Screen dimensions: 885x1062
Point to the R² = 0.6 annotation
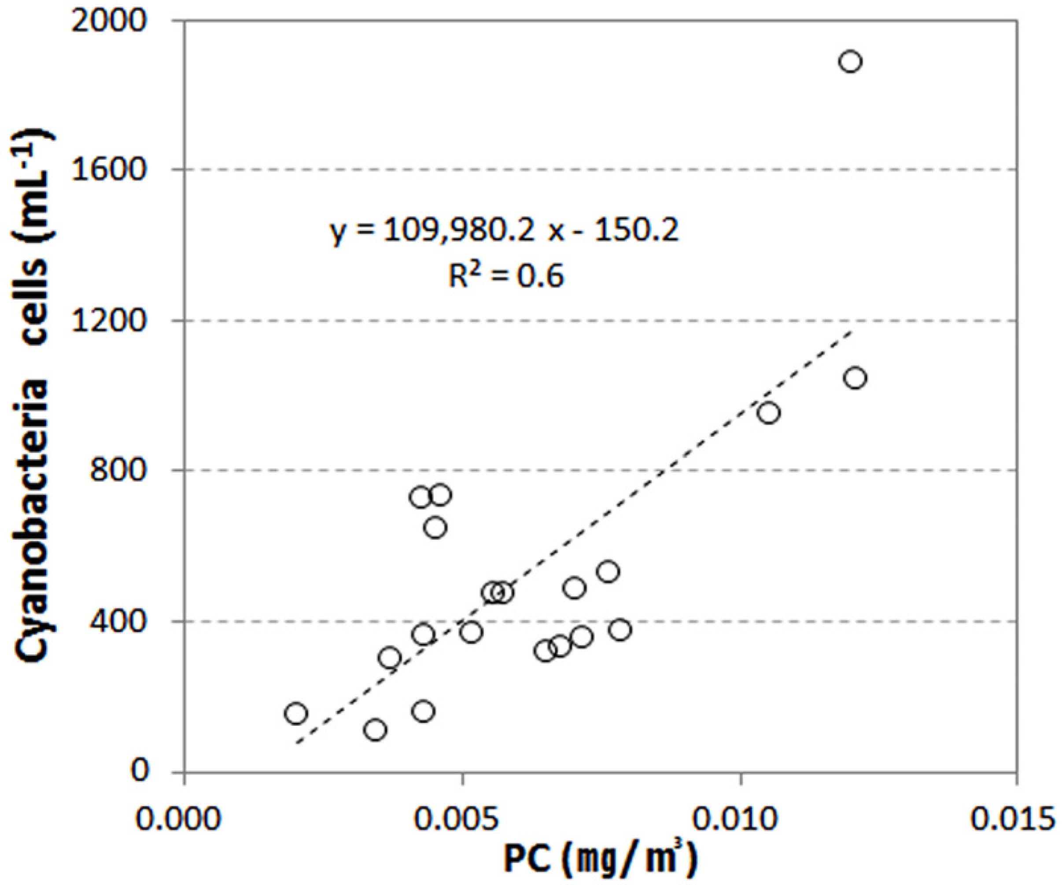[x=506, y=276]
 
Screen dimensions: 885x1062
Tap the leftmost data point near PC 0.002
[x=296, y=713]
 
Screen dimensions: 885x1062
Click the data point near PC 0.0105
[x=769, y=413]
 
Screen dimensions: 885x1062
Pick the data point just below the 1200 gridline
[x=855, y=378]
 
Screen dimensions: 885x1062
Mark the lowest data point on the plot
[x=375, y=730]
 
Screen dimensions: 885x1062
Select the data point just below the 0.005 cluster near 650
[x=435, y=528]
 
